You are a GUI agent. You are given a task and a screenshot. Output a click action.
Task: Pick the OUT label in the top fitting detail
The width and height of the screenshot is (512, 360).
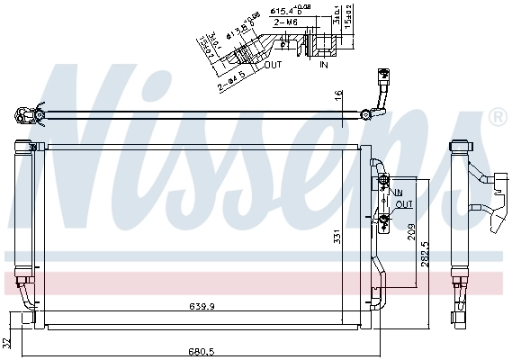coord(274,64)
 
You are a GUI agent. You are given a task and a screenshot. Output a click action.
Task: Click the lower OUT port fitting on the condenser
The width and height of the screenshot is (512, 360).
coord(385,218)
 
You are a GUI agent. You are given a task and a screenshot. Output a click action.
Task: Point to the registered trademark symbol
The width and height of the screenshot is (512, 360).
coord(496,118)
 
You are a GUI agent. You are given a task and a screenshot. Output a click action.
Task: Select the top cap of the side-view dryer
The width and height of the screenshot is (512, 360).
coord(459,145)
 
